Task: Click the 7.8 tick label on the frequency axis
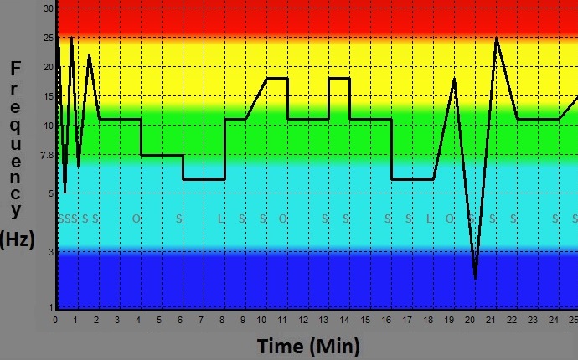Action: click(x=46, y=155)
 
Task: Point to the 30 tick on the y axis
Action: click(x=49, y=8)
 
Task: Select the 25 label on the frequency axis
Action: click(x=49, y=38)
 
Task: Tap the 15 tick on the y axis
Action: click(x=49, y=96)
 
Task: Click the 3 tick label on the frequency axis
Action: click(x=50, y=251)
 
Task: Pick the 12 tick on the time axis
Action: click(x=304, y=319)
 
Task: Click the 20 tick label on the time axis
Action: click(x=470, y=319)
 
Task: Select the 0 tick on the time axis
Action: click(x=55, y=319)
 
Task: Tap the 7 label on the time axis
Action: click(x=200, y=319)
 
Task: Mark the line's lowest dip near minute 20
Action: click(x=475, y=278)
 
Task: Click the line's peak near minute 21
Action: click(x=496, y=39)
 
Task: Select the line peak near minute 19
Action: click(x=455, y=79)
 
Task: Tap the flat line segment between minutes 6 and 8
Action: click(x=204, y=179)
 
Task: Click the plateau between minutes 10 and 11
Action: click(x=276, y=78)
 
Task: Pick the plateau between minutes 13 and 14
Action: click(x=338, y=78)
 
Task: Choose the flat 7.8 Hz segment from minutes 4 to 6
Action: click(x=162, y=155)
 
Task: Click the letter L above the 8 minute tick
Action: click(x=221, y=219)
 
